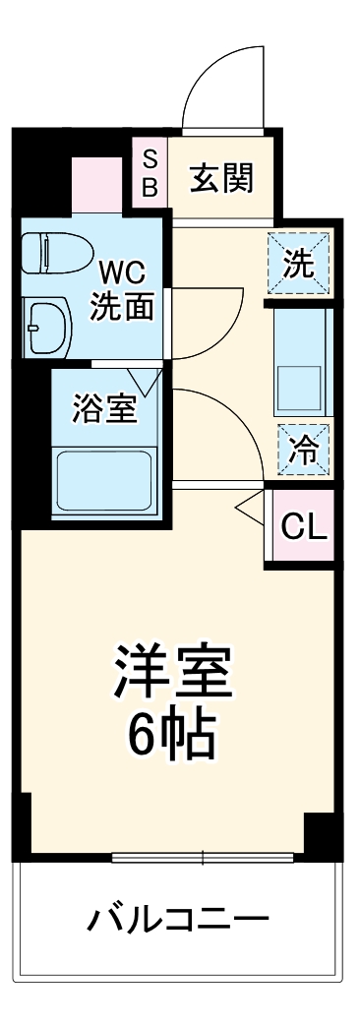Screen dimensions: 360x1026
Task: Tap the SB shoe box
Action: click(x=150, y=173)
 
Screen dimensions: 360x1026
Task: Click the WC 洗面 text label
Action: click(x=122, y=290)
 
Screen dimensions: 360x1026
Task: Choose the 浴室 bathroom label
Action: click(x=102, y=407)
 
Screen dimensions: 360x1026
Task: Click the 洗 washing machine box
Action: click(x=299, y=264)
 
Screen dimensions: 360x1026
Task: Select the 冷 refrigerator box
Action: click(x=303, y=451)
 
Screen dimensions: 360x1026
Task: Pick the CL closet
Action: click(x=303, y=527)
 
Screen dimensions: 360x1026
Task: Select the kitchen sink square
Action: click(x=301, y=379)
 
